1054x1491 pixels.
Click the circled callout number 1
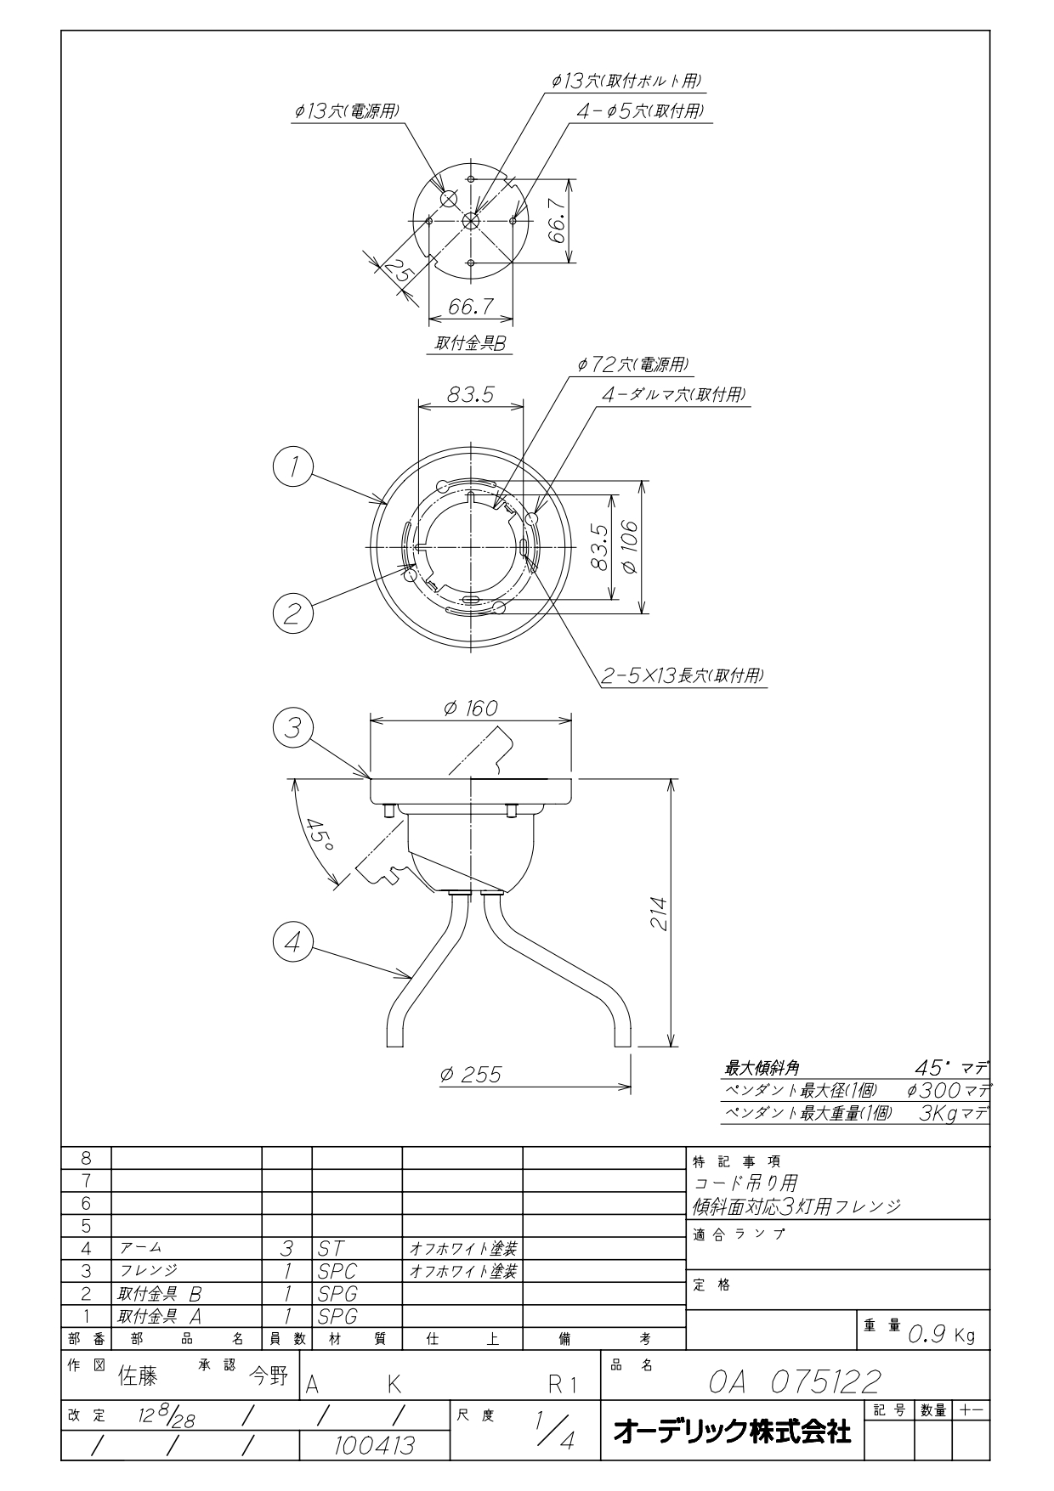pos(293,466)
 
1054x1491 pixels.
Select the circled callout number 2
pos(293,612)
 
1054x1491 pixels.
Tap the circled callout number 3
pos(293,729)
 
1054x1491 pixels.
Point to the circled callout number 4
pos(293,943)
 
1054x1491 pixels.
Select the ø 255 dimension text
pos(471,1075)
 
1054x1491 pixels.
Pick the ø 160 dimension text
pos(471,708)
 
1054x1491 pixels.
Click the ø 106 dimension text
pos(630,546)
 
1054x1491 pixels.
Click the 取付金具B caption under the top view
pos(470,344)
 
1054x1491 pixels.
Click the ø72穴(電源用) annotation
pos(632,364)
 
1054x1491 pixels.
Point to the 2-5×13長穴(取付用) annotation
pos(683,676)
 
